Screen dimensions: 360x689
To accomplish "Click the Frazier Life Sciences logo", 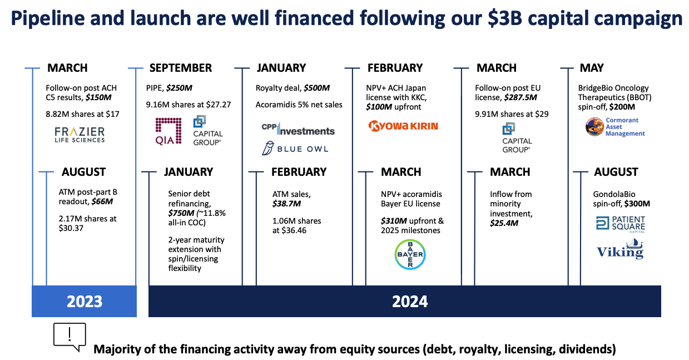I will pyautogui.click(x=79, y=134).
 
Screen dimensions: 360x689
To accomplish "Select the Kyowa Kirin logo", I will pyautogui.click(x=403, y=126).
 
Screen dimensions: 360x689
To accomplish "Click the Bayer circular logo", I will pyautogui.click(x=410, y=255).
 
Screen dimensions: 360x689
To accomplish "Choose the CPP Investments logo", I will pyautogui.click(x=298, y=130).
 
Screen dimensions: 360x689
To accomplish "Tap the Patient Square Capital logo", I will pyautogui.click(x=620, y=224).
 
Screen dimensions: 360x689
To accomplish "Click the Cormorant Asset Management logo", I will pyautogui.click(x=615, y=127).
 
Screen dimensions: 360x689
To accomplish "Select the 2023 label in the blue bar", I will pyautogui.click(x=85, y=301).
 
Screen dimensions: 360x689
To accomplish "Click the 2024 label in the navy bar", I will pyautogui.click(x=410, y=301).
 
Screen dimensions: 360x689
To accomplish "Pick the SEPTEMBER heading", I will pyautogui.click(x=180, y=68).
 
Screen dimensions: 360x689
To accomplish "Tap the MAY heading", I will pyautogui.click(x=592, y=68).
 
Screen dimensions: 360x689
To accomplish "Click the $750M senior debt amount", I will pyautogui.click(x=180, y=214).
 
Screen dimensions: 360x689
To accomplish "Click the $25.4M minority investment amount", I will pyautogui.click(x=504, y=223).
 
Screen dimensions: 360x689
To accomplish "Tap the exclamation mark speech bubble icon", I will pyautogui.click(x=70, y=336).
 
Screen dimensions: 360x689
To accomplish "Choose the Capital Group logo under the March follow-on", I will pyautogui.click(x=517, y=137).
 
